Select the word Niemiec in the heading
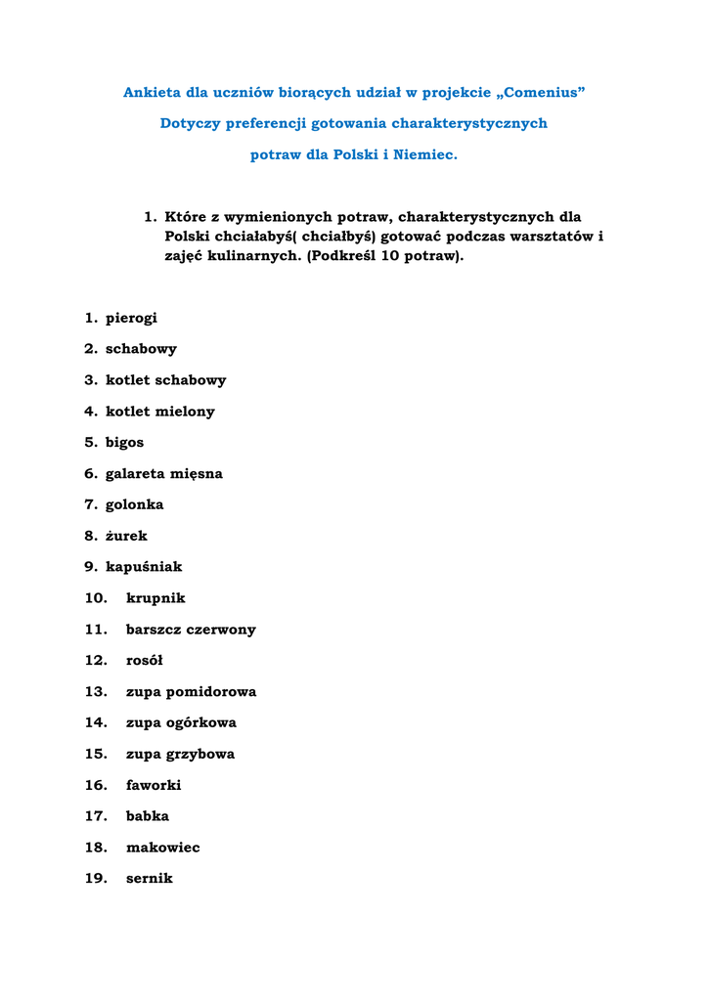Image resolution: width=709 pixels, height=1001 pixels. [423, 155]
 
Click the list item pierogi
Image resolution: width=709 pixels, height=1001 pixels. [131, 319]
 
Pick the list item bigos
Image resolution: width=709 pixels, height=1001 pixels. [124, 443]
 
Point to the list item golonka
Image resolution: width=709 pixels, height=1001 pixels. [134, 505]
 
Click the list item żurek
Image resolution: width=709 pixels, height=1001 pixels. [126, 537]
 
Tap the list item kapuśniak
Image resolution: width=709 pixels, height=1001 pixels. [143, 567]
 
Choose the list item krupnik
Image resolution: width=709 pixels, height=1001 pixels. [155, 598]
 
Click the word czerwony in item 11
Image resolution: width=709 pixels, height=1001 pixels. [221, 630]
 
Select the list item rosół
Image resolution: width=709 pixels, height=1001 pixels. [145, 661]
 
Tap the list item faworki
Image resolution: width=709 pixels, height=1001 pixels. [154, 785]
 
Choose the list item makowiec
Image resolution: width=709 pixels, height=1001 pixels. [162, 848]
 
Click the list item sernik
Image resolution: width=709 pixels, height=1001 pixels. [149, 879]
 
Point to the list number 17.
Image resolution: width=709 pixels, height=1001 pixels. [95, 816]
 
